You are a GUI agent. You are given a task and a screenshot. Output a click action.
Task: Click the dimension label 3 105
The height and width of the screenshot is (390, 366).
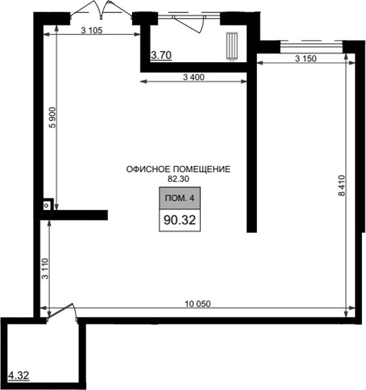coord(91,30)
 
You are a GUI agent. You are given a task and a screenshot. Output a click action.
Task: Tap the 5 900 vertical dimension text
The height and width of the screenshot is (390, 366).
coord(53,117)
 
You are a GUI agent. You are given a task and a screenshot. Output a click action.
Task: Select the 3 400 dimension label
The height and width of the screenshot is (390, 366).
coord(193,77)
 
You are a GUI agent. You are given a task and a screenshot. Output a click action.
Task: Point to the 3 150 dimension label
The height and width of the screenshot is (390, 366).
coord(306,58)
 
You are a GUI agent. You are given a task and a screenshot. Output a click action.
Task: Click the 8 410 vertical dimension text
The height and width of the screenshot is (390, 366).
coord(342,186)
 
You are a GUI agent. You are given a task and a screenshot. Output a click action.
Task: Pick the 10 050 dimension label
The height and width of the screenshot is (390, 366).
coord(197,304)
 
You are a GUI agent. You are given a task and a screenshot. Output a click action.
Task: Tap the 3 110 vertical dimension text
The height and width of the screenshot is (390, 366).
coord(45,269)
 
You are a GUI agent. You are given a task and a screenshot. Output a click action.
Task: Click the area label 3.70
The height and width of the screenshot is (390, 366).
coord(161,55)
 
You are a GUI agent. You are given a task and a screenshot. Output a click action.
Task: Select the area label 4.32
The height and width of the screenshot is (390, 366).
coord(19,376)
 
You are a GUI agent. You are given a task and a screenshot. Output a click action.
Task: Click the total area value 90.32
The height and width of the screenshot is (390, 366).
coord(180,220)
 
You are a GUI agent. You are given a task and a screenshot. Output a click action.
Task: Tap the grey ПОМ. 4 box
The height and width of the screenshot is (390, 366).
coord(180,198)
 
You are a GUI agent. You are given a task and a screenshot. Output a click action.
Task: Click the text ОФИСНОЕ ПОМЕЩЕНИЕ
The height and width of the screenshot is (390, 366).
coord(178,169)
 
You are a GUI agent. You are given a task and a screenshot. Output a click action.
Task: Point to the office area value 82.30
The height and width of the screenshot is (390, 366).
coord(178,179)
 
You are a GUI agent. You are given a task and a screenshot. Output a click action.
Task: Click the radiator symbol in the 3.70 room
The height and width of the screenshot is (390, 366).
coord(232,46)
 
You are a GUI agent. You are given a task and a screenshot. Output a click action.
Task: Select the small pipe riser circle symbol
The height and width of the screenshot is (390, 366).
coord(46,205)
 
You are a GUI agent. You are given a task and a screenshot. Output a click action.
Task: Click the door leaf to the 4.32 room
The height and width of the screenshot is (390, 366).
coord(60,310)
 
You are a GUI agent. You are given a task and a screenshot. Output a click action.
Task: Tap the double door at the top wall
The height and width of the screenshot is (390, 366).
coord(101,9)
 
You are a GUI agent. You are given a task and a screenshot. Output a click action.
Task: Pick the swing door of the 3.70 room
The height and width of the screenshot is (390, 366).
coord(189,24)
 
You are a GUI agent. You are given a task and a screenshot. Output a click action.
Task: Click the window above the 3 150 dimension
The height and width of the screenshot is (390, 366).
coord(312,45)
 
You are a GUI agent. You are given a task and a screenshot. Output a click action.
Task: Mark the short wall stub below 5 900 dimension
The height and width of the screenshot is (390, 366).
coord(74,215)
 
